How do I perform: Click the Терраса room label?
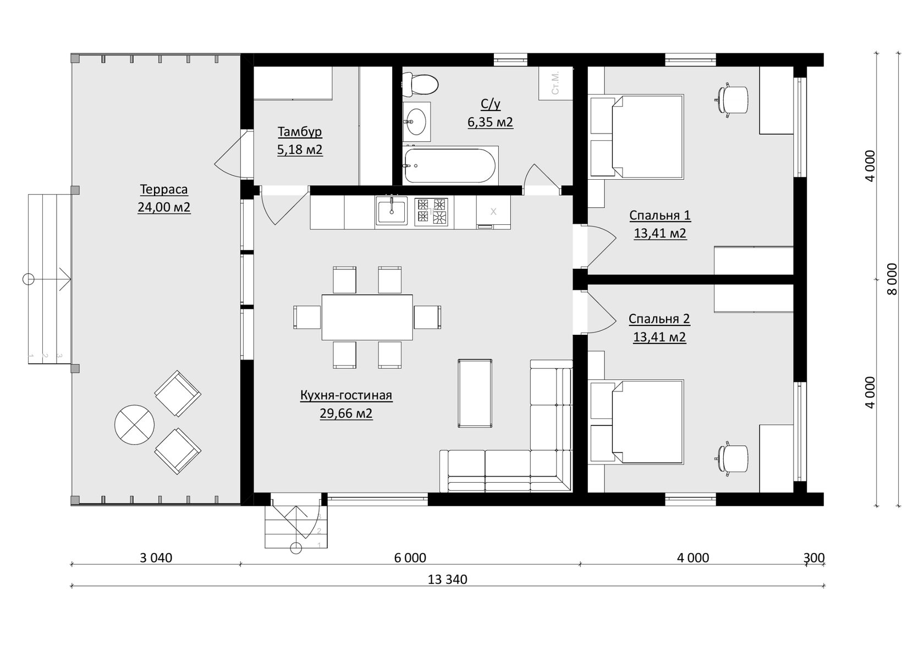click(164, 189)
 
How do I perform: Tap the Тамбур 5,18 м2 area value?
click(299, 150)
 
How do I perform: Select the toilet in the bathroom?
click(420, 84)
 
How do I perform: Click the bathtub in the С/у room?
click(450, 165)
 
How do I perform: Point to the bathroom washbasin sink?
click(417, 121)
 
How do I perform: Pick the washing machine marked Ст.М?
click(555, 84)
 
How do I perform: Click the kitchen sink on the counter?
click(391, 211)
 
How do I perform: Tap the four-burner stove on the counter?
click(431, 212)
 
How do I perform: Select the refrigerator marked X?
click(493, 212)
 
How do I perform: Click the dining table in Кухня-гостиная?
click(367, 317)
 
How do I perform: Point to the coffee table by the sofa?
click(475, 393)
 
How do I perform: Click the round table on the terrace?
click(134, 425)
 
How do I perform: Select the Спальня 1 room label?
click(659, 215)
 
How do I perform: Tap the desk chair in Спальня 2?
click(733, 458)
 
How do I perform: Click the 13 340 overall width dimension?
click(447, 579)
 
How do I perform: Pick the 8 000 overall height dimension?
click(892, 279)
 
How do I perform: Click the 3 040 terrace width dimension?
click(156, 558)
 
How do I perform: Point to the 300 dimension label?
click(814, 558)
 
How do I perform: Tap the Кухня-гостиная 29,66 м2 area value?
click(346, 413)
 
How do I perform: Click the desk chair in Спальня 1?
click(733, 99)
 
